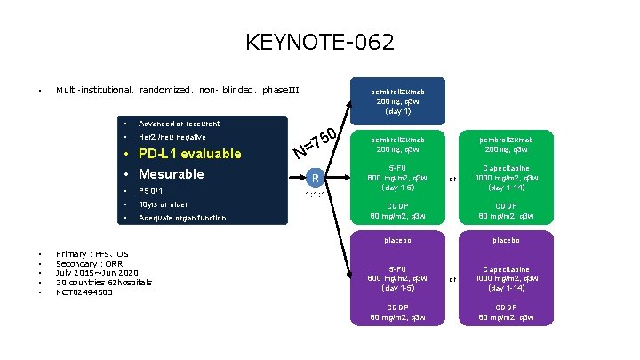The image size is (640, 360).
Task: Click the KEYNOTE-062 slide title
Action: tap(319, 42)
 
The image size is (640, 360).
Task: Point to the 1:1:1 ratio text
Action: tap(317, 194)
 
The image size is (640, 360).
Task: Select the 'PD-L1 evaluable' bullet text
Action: tap(190, 154)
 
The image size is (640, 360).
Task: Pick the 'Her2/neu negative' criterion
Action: tap(172, 137)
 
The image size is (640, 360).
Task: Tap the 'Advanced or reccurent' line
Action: tap(179, 124)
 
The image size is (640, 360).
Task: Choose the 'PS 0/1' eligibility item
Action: tap(151, 191)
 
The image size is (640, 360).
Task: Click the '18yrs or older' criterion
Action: tap(163, 204)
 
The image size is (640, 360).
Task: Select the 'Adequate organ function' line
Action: tap(182, 218)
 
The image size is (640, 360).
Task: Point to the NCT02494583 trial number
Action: tap(84, 292)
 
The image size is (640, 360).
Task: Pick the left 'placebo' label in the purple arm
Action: tap(397, 239)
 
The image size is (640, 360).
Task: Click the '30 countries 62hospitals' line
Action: tap(104, 283)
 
